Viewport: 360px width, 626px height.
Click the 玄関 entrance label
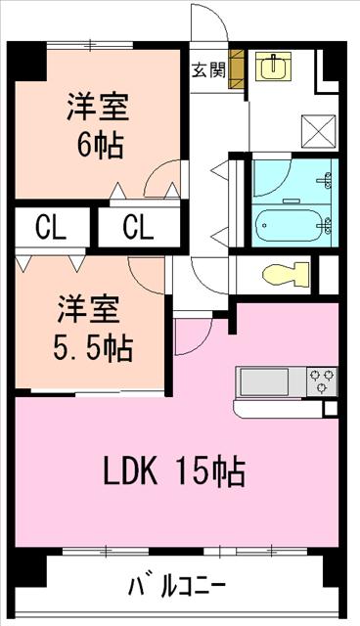click(208, 71)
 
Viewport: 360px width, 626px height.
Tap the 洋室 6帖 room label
click(98, 126)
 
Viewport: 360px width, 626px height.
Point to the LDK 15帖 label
click(174, 471)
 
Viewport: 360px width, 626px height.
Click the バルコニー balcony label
click(177, 587)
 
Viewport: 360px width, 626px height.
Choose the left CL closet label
click(51, 227)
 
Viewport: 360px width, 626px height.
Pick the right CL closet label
click(138, 227)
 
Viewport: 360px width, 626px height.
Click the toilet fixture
click(286, 274)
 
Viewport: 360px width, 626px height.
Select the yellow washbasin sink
click(273, 66)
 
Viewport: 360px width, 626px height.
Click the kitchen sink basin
click(264, 382)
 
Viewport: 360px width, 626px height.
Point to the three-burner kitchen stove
click(322, 381)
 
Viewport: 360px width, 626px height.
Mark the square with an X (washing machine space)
click(318, 131)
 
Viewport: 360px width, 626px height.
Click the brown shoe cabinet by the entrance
click(236, 69)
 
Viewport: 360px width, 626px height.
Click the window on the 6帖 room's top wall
click(90, 45)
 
